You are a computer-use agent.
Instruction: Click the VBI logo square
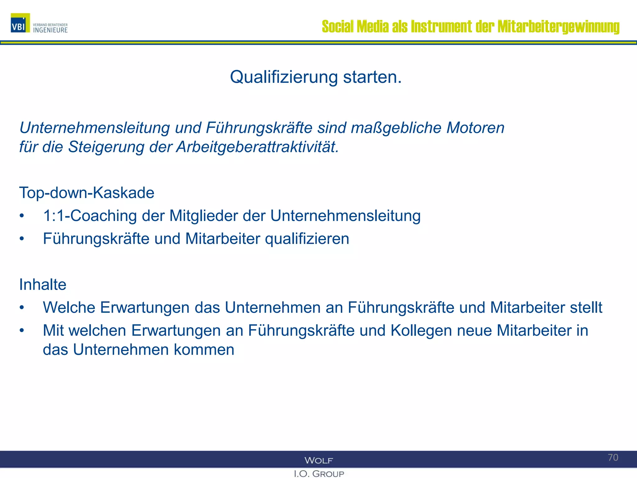click(20, 23)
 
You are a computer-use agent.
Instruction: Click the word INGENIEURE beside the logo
click(50, 30)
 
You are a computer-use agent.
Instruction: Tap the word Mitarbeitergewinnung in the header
click(558, 26)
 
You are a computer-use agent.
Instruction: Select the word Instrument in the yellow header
click(441, 26)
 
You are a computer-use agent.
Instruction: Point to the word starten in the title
click(372, 77)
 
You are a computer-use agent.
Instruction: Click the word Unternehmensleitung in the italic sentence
click(95, 128)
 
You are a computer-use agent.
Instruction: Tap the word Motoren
click(475, 128)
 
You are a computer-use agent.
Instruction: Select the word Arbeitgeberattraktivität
click(257, 147)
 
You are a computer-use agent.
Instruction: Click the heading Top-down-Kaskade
click(87, 193)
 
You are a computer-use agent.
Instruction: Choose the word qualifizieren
click(307, 239)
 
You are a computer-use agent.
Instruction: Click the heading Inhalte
click(43, 284)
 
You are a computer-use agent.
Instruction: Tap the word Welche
click(69, 307)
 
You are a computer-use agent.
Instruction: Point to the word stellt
click(586, 307)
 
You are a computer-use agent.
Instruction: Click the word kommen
click(204, 350)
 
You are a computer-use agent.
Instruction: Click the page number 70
click(613, 457)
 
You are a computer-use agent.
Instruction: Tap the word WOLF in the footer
click(318, 460)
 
